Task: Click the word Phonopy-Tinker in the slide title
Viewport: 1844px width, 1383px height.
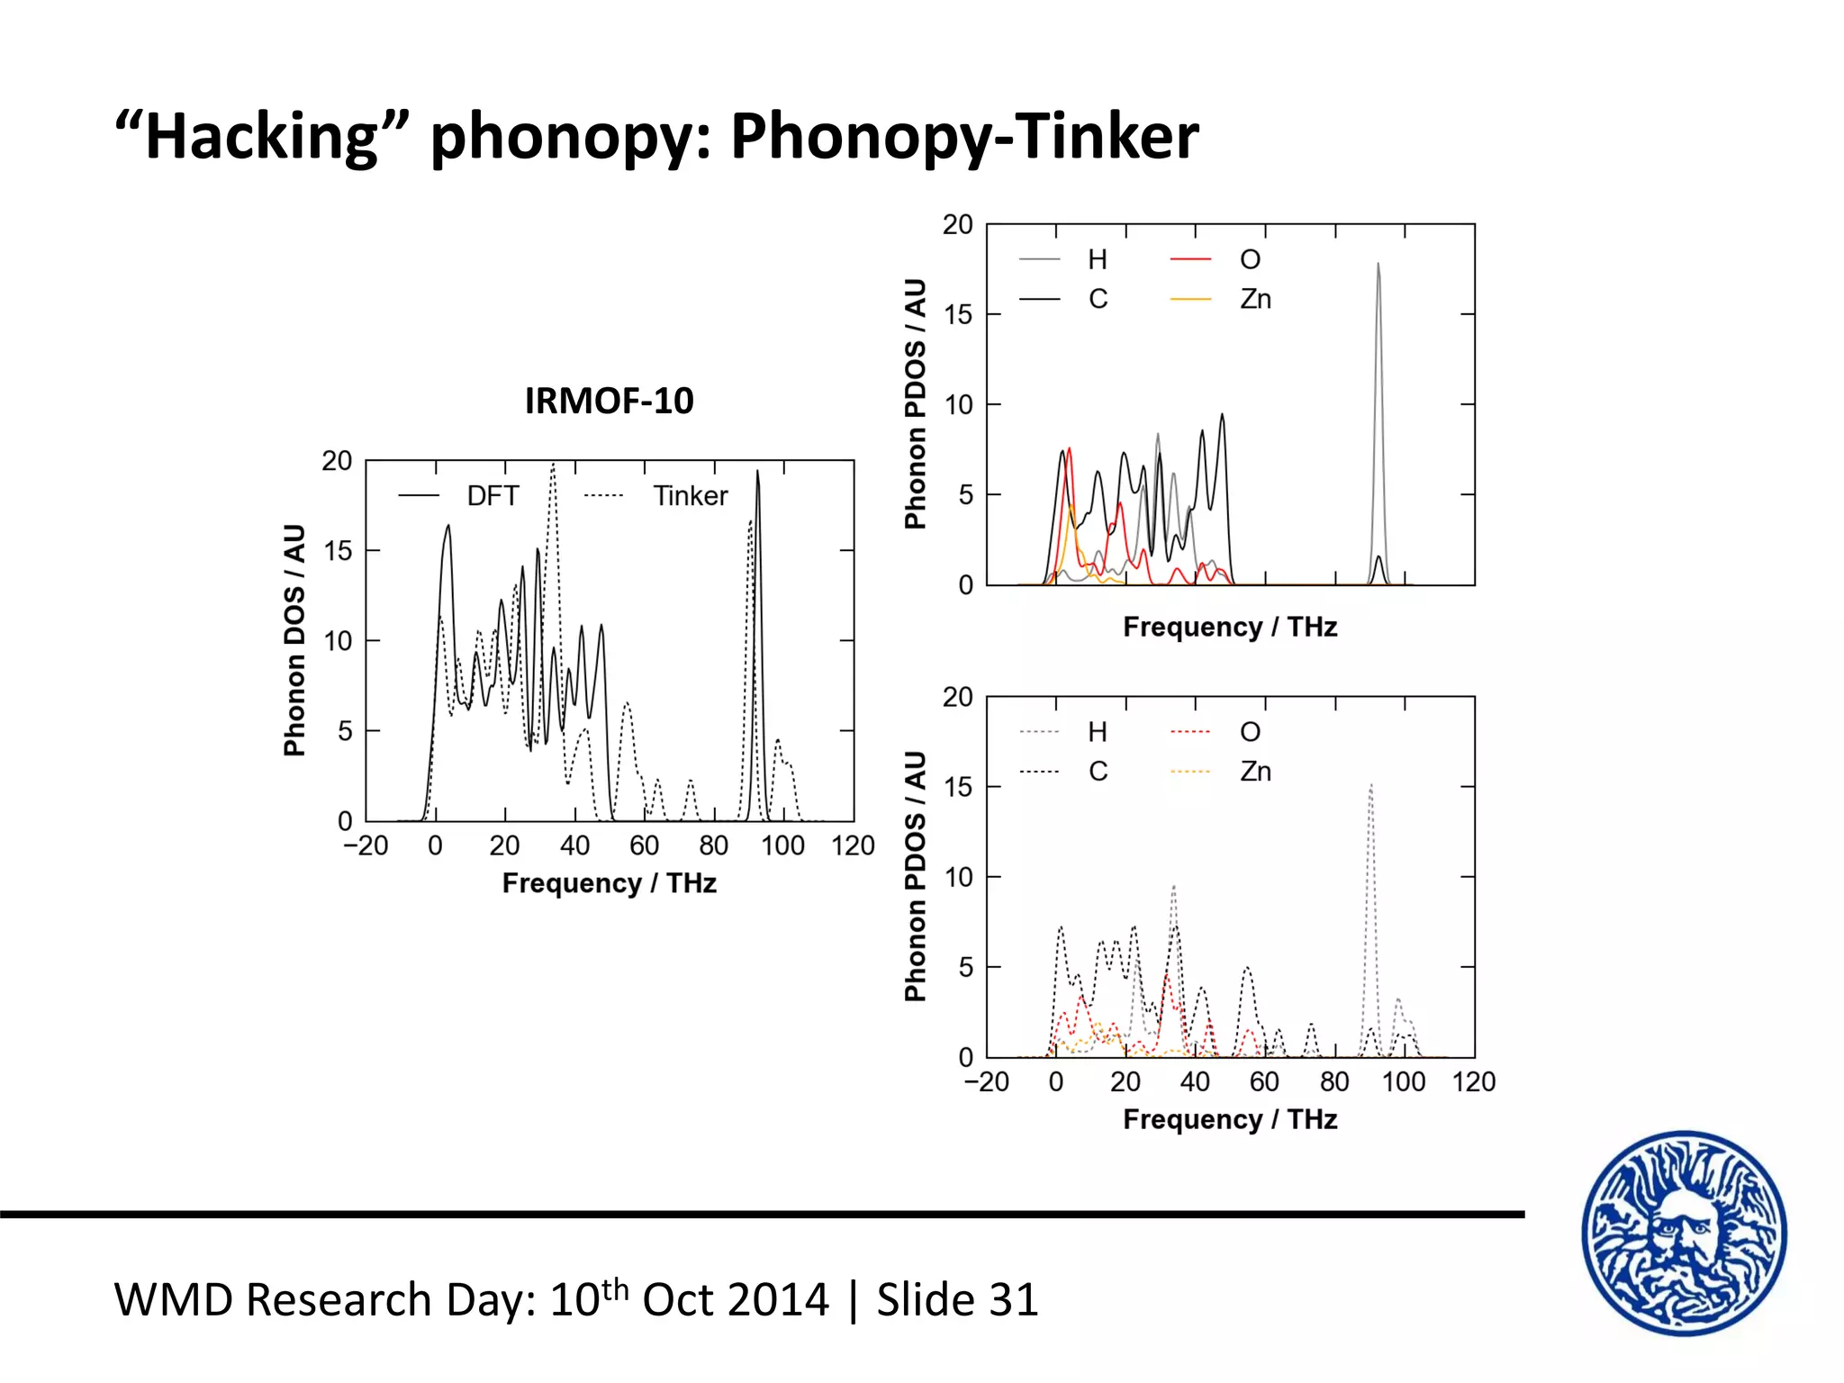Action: [963, 137]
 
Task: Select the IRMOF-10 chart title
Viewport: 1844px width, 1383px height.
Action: [609, 401]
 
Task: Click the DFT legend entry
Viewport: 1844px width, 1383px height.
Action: [492, 496]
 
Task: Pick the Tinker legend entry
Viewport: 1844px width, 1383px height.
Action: [690, 496]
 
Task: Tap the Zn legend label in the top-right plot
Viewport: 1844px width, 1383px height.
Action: [1255, 299]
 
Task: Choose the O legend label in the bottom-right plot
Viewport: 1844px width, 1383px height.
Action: [1250, 732]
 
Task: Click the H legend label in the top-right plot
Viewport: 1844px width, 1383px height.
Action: [1097, 260]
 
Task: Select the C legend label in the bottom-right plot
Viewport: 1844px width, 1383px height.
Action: [1098, 772]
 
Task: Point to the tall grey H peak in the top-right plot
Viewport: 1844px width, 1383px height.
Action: [1378, 270]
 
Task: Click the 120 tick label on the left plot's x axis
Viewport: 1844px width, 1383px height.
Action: [852, 845]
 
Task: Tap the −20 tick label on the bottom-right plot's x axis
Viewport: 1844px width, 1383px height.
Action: [986, 1081]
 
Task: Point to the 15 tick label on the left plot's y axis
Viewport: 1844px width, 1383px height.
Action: [338, 550]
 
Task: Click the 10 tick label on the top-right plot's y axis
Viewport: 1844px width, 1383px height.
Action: [958, 405]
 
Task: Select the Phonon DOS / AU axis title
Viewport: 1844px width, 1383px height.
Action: [294, 640]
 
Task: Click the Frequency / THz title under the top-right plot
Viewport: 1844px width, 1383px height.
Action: [1229, 627]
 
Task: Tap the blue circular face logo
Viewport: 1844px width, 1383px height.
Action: [1684, 1233]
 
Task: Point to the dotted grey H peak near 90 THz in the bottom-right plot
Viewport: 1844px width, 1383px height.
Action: [1370, 792]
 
